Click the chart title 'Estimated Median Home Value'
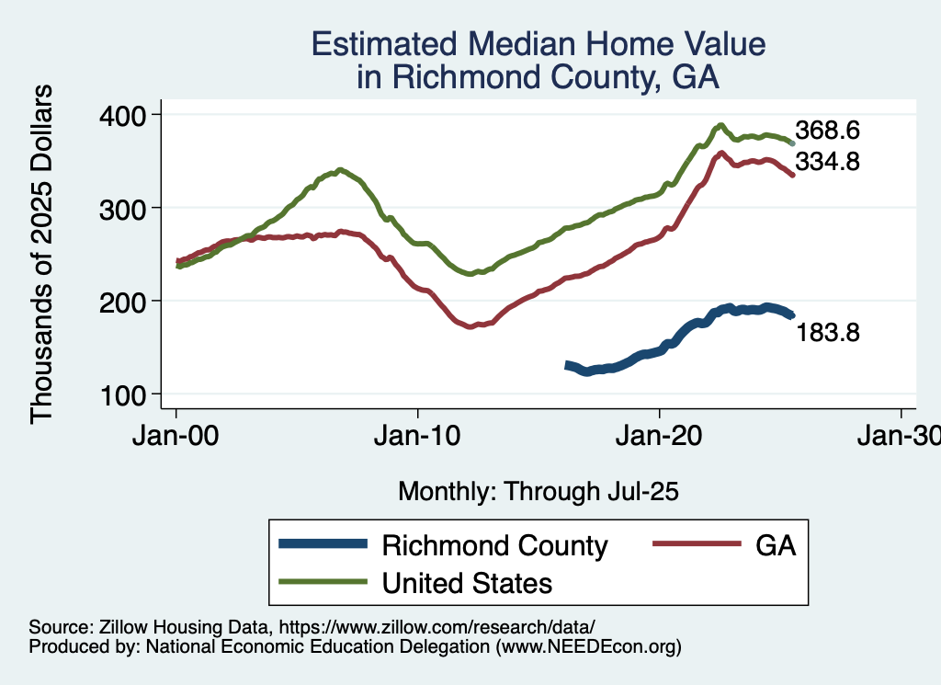pos(538,45)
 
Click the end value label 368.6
pos(827,130)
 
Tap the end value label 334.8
pos(827,162)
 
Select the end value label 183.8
pos(827,333)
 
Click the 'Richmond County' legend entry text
pos(494,546)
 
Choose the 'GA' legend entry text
pos(775,546)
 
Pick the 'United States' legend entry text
pos(467,582)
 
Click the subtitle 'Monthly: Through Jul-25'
pos(538,492)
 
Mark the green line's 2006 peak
pos(340,170)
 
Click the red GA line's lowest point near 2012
pos(471,326)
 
